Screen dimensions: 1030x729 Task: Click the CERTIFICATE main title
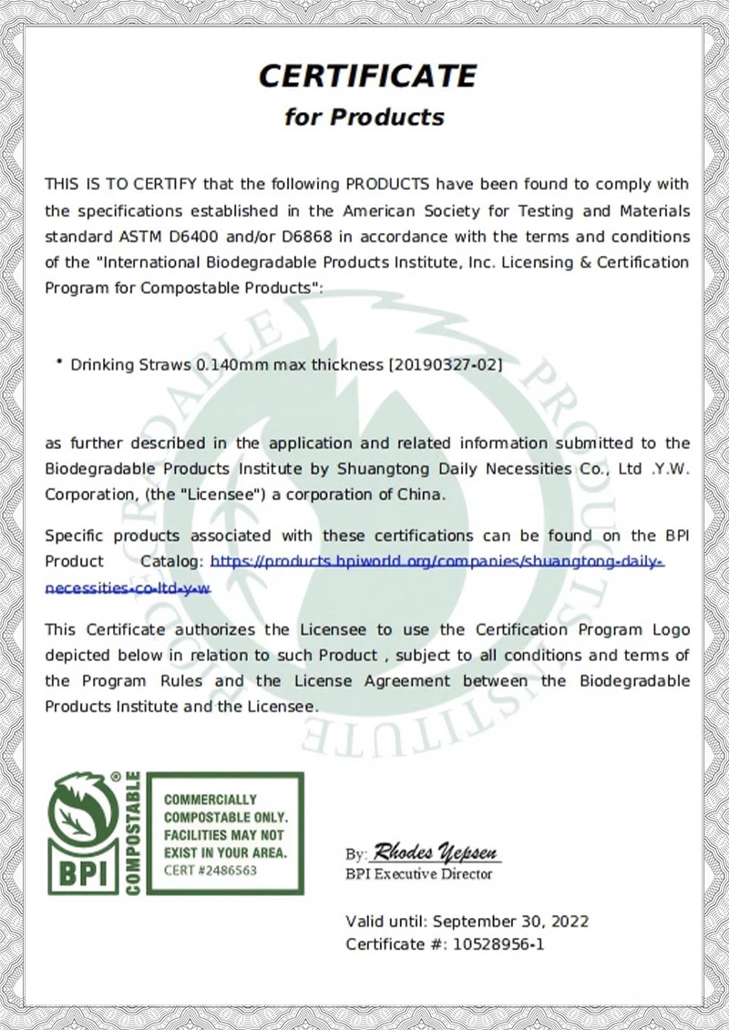(367, 76)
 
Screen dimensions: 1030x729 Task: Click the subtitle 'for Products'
(364, 117)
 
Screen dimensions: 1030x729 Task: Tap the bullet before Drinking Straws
(59, 362)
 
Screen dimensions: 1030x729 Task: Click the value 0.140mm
(227, 365)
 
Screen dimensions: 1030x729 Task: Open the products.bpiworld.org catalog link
(437, 562)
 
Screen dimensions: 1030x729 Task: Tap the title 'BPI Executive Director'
(418, 874)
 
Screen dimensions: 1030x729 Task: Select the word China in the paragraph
(422, 495)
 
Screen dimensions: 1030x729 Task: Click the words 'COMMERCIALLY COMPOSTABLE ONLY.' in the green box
(224, 808)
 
